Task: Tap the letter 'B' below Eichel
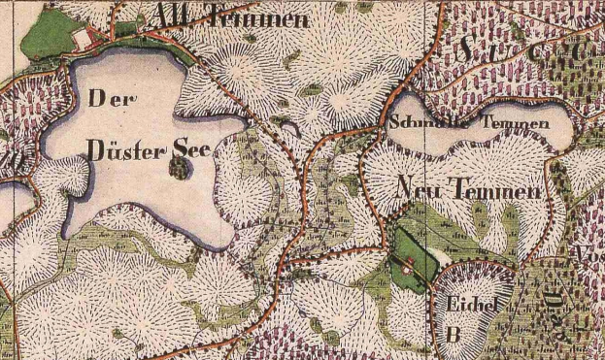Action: pyautogui.click(x=453, y=332)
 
